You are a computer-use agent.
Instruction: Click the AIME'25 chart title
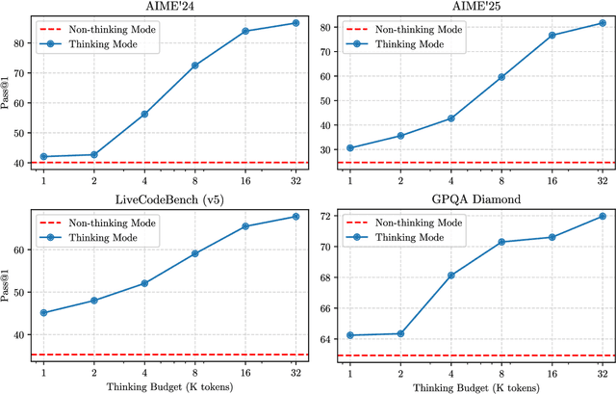tap(471, 7)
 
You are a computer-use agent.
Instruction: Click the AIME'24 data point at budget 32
tap(295, 22)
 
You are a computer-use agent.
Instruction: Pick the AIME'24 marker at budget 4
tap(144, 114)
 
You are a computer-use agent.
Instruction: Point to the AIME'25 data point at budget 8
tap(501, 77)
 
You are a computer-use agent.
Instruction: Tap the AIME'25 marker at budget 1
tap(350, 147)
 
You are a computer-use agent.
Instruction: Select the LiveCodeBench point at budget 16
tap(245, 226)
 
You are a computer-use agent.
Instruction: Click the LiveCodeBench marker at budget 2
tap(94, 301)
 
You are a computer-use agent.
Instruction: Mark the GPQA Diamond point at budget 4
tap(451, 276)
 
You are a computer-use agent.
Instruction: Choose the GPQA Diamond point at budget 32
tap(603, 216)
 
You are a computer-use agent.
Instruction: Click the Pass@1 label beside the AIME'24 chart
tap(8, 91)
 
